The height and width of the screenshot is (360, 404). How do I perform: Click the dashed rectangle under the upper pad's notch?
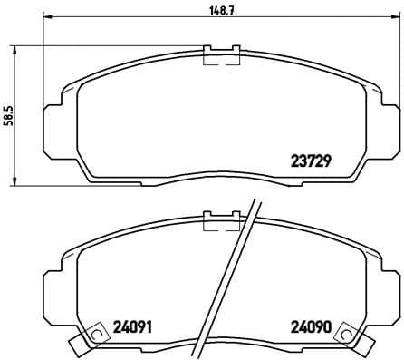222,60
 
